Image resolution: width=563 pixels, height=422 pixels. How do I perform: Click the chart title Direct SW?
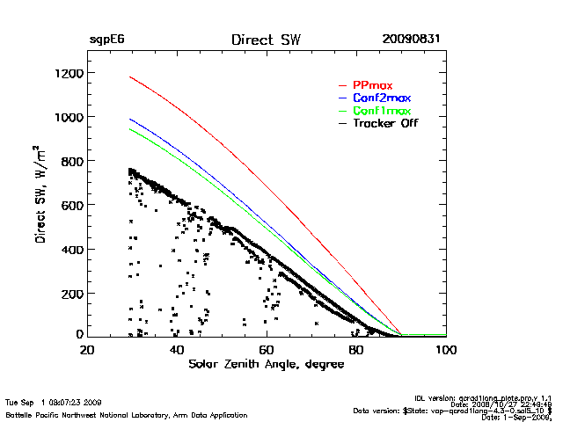266,40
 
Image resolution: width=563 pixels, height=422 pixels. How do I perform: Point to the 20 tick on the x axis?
87,350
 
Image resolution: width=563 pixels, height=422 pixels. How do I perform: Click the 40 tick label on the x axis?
177,350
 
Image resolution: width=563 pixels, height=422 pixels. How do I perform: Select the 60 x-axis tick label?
267,350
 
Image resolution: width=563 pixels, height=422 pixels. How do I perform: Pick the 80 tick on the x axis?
356,350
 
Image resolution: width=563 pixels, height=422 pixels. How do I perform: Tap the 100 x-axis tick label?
445,350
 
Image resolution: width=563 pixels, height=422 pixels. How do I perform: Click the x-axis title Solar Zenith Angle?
266,364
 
